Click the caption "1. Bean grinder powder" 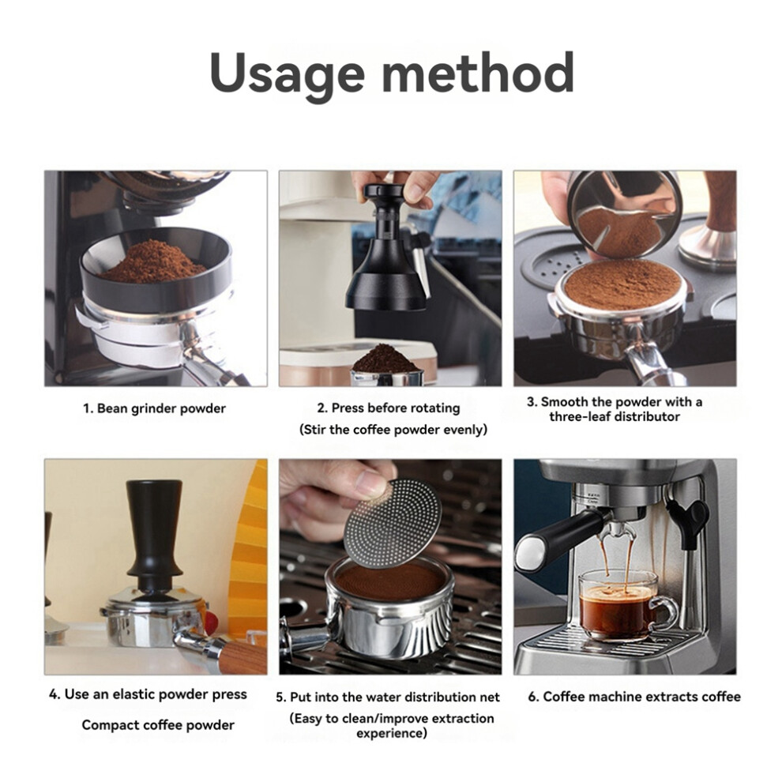pyautogui.click(x=154, y=409)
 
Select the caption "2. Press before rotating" pyautogui.click(x=389, y=408)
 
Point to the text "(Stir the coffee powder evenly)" pyautogui.click(x=393, y=430)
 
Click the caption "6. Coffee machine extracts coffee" pyautogui.click(x=634, y=697)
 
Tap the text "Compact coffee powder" pyautogui.click(x=158, y=724)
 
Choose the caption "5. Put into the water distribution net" pyautogui.click(x=388, y=697)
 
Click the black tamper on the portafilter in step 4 pyautogui.click(x=153, y=540)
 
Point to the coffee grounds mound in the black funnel pyautogui.click(x=152, y=261)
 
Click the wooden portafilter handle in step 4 pyautogui.click(x=242, y=657)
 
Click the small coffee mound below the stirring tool pyautogui.click(x=385, y=359)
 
